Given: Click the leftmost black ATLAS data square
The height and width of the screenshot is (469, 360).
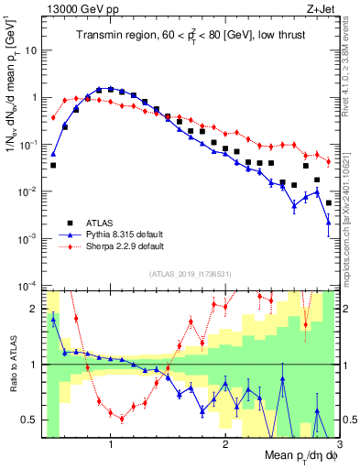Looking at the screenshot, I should pos(53,166).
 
